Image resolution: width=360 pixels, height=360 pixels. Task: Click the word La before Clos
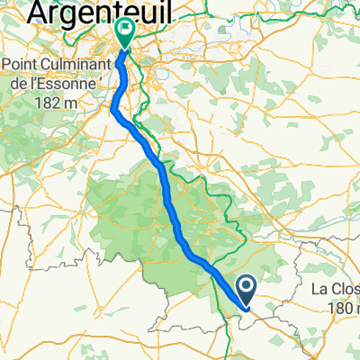tap(319, 290)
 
